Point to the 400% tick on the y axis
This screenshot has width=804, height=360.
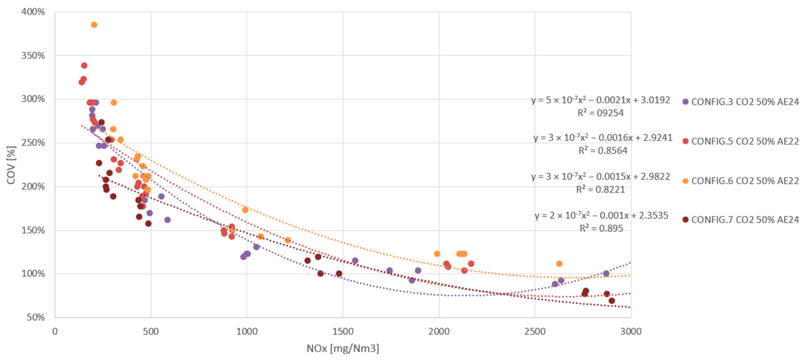coord(33,12)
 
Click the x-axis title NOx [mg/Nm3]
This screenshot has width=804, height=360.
coord(343,348)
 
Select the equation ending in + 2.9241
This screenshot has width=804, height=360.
coord(603,138)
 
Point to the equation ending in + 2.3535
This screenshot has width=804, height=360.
coord(601,215)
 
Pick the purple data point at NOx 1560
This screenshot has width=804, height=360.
coord(355,261)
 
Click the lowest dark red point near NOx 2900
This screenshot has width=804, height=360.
coord(612,301)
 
